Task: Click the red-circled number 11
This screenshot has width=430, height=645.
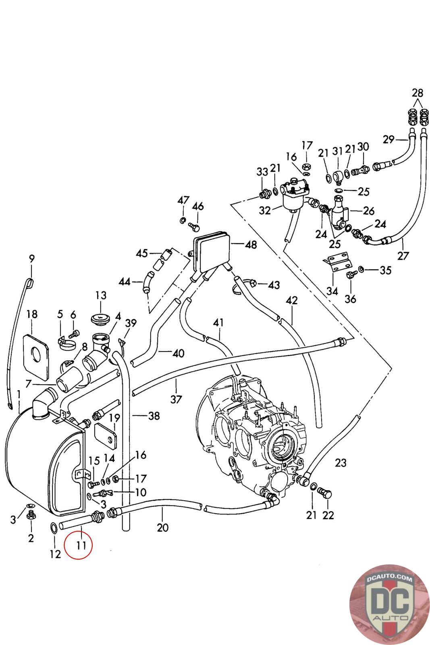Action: point(79,546)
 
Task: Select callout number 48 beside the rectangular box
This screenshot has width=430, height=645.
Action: point(251,245)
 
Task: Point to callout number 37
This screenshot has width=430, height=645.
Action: point(176,399)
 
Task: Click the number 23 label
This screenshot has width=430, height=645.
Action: point(341,463)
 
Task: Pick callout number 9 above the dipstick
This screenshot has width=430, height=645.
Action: point(32,258)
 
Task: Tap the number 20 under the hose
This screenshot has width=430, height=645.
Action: point(162,527)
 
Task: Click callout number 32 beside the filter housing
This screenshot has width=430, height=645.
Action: point(265,210)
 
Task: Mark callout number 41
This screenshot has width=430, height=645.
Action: point(218,322)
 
